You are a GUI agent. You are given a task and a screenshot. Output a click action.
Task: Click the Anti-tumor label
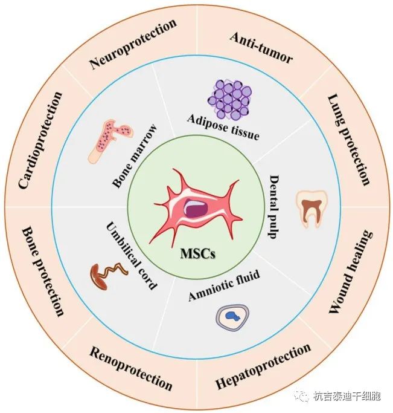tap(261, 48)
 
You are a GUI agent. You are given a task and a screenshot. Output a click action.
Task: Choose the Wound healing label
tap(351, 273)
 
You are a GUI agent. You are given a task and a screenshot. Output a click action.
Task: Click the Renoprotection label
tap(131, 368)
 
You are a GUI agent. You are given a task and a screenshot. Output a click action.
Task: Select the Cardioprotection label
tap(41, 140)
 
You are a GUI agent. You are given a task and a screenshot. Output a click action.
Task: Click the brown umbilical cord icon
tap(107, 276)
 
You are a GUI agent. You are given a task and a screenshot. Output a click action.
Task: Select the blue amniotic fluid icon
tap(231, 316)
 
